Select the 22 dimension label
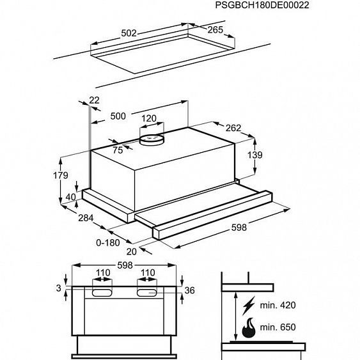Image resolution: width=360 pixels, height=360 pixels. [95, 100]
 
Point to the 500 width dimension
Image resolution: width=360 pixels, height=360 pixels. [118, 116]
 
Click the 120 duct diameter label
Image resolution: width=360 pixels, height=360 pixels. [148, 118]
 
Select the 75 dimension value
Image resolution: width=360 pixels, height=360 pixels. [117, 150]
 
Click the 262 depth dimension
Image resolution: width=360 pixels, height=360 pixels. [233, 128]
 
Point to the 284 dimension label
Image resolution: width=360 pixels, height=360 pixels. [86, 219]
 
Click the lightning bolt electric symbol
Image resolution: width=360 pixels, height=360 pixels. [248, 303]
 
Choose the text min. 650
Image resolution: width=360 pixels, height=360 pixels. [278, 327]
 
